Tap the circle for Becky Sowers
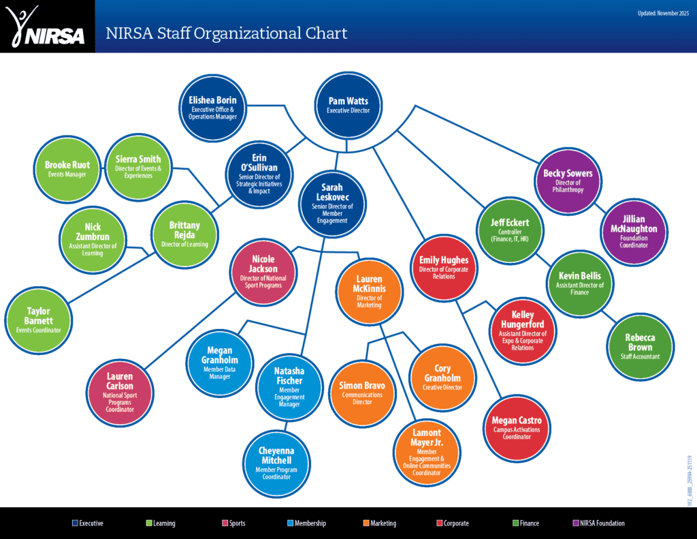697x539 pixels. (x=568, y=179)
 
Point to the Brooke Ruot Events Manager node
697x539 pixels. (x=66, y=168)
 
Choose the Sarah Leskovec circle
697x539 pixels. (x=332, y=202)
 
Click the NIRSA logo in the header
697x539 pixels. (x=47, y=27)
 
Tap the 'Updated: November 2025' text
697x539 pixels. (x=663, y=13)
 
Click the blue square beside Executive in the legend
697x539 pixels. (x=75, y=523)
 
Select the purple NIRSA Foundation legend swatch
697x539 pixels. (x=576, y=523)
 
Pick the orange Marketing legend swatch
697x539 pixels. (x=366, y=523)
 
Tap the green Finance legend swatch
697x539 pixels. (x=515, y=523)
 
